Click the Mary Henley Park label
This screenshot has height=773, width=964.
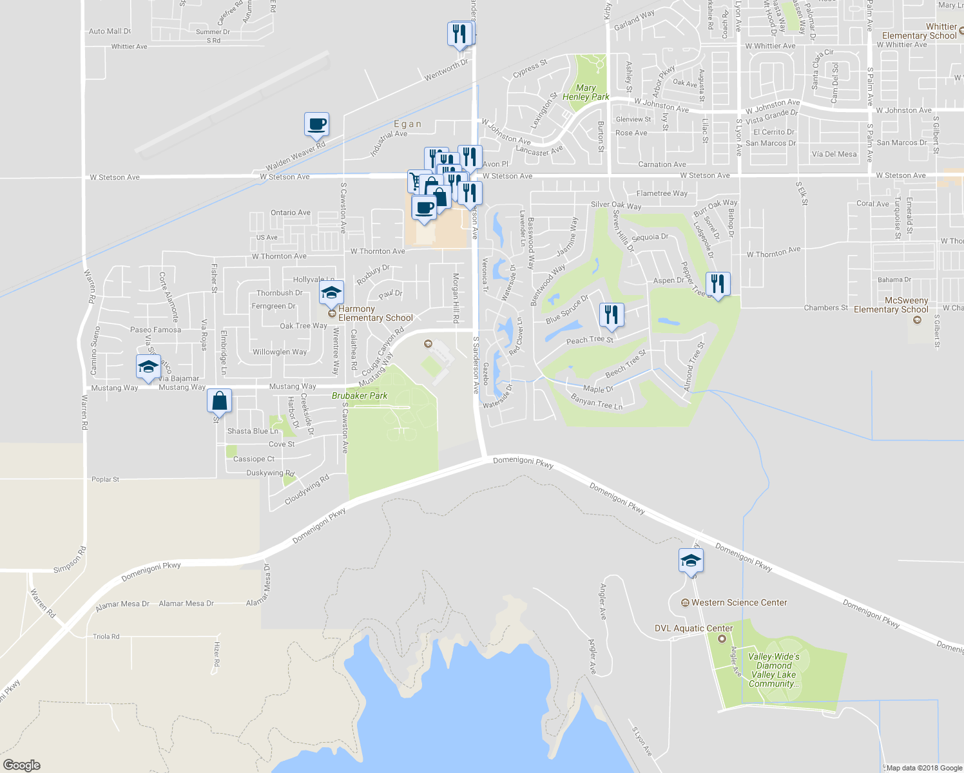point(586,92)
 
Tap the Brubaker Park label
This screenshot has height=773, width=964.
point(360,396)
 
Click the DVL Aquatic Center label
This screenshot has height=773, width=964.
point(693,628)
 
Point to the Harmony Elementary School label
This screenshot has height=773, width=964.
point(375,313)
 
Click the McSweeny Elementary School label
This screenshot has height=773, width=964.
point(891,305)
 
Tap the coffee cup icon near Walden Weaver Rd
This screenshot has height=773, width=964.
point(316,124)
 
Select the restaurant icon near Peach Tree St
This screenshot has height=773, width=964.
point(612,315)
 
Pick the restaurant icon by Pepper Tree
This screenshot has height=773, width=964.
point(718,283)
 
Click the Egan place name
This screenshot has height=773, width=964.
point(408,124)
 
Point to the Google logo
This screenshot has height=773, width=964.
point(21,765)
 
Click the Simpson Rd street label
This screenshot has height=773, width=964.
point(70,560)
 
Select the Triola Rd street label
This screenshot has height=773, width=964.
point(106,636)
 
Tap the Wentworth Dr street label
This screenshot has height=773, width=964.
point(446,71)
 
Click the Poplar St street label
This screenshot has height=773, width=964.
point(106,479)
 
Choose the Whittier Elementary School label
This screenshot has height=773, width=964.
point(920,31)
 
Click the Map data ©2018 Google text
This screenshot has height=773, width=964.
point(924,768)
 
